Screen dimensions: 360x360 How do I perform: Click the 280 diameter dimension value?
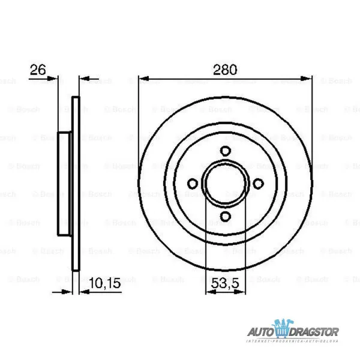coord(225,70)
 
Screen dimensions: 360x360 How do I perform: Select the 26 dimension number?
coord(38,70)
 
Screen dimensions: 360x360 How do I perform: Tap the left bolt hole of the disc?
coord(192,184)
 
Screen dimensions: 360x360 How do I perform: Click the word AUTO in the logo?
coord(260,332)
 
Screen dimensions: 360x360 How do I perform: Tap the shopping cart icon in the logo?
coord(283,329)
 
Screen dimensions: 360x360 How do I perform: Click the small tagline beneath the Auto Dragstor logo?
coord(294,341)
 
